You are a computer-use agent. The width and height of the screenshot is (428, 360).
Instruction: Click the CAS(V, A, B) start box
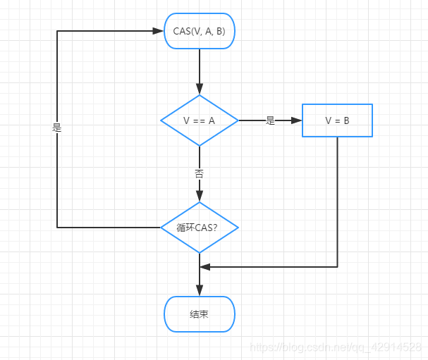pyautogui.click(x=200, y=31)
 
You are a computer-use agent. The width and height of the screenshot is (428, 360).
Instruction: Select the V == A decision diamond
pyautogui.click(x=200, y=120)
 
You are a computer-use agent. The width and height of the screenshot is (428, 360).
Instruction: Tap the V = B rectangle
pyautogui.click(x=337, y=120)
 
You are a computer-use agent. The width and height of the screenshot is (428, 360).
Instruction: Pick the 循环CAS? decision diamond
pyautogui.click(x=200, y=228)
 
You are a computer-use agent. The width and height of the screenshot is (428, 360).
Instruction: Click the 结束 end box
pyautogui.click(x=200, y=314)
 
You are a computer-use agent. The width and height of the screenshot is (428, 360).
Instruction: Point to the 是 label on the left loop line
pyautogui.click(x=57, y=128)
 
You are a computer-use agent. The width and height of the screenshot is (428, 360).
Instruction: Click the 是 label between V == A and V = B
pyautogui.click(x=270, y=120)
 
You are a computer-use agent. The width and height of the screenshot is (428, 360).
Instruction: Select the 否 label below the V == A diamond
pyautogui.click(x=200, y=173)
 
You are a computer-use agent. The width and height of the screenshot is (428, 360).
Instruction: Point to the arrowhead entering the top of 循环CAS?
pyautogui.click(x=200, y=197)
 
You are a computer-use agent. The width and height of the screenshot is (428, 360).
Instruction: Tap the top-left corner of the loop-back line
pyautogui.click(x=57, y=31)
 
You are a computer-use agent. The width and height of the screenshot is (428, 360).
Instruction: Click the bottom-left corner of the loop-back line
pyautogui.click(x=57, y=228)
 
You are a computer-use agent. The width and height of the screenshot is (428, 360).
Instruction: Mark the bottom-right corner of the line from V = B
pyautogui.click(x=337, y=267)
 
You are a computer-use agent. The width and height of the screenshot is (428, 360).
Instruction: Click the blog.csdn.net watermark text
pyautogui.click(x=336, y=347)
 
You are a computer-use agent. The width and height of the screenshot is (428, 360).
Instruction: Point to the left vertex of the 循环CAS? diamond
pyautogui.click(x=161, y=228)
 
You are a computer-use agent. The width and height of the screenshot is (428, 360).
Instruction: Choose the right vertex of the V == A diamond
pyautogui.click(x=238, y=120)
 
